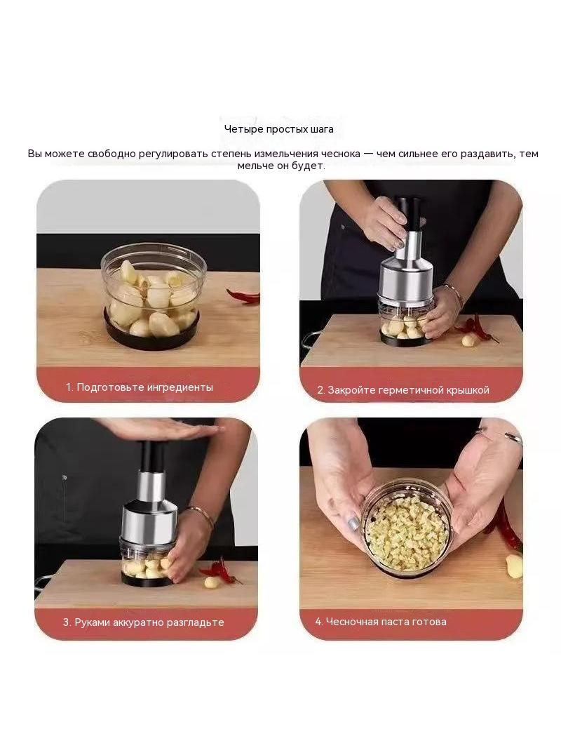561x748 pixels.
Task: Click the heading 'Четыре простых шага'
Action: [279, 129]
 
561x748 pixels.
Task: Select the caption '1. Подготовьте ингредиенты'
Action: [139, 387]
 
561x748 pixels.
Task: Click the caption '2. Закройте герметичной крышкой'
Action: [403, 389]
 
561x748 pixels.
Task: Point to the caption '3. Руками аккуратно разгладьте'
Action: [144, 622]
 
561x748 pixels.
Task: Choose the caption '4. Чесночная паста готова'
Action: [381, 622]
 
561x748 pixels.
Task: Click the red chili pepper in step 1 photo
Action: [243, 296]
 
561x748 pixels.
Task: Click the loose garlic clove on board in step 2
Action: [468, 340]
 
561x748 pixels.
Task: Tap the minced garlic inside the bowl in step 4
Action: [407, 533]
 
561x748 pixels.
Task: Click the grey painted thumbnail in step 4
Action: [353, 523]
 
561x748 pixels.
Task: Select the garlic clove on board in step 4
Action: [514, 566]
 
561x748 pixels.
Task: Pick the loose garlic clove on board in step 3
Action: [211, 582]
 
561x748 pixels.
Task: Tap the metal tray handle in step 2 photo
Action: [306, 342]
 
